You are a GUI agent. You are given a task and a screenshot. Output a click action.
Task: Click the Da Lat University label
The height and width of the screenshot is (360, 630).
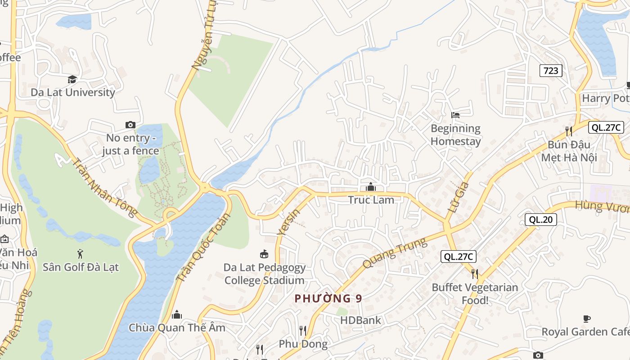[73, 92]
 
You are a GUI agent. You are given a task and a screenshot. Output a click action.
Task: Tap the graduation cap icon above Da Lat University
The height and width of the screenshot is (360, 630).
[72, 80]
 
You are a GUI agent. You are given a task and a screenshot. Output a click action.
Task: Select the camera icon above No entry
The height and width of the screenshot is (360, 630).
[130, 125]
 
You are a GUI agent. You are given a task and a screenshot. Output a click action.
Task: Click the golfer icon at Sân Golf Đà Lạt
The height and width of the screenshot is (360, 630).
[81, 254]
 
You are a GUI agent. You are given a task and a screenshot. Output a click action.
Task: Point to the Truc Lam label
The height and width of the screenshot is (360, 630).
[371, 200]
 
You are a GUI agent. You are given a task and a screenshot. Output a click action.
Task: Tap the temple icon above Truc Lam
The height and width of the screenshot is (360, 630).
[371, 186]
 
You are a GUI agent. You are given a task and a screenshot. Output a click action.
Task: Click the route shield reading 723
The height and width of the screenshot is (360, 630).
[551, 70]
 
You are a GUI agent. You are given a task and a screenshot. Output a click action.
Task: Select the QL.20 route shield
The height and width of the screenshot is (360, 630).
[540, 220]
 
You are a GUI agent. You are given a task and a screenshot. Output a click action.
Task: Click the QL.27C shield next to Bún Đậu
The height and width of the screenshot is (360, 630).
[606, 127]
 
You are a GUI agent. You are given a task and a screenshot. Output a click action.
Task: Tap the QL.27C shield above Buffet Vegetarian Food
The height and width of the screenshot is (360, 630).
[458, 256]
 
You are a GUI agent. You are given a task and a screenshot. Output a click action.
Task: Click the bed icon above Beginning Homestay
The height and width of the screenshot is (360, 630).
[455, 115]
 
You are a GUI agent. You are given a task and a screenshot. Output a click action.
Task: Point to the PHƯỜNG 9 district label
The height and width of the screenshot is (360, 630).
[328, 298]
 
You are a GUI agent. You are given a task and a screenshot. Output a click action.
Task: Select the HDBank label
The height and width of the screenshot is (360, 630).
[360, 320]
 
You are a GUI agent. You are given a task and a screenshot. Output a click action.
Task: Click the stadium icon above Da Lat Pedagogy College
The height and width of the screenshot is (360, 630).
[265, 254]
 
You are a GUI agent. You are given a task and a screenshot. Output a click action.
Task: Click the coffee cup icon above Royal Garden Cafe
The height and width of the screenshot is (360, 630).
[587, 319]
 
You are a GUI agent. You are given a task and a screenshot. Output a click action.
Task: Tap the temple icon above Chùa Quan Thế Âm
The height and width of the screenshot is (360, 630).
[177, 314]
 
